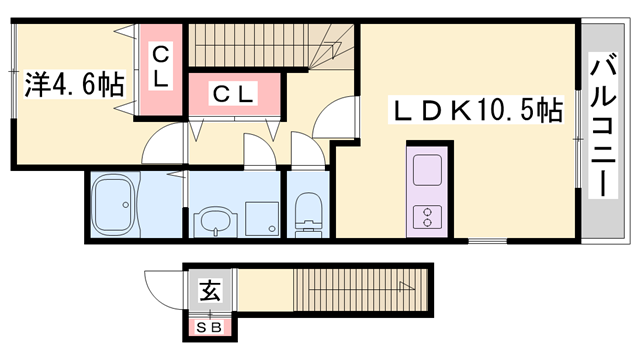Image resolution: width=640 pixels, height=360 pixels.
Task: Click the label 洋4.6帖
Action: tap(74, 83)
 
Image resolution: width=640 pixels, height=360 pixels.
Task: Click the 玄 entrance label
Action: tap(209, 293)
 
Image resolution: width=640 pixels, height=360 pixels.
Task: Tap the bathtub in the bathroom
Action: tap(113, 205)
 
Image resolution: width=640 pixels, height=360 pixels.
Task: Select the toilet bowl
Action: tap(309, 214)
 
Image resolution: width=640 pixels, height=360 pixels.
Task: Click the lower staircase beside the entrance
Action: tap(340, 292)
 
